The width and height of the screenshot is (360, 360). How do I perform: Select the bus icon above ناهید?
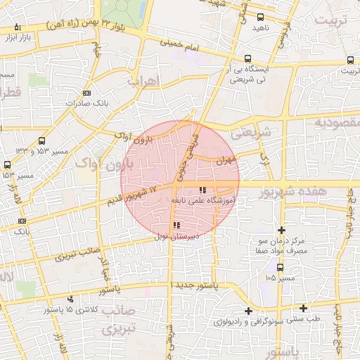pyautogui.click(x=261, y=18)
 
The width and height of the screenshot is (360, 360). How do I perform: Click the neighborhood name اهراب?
pyautogui.click(x=144, y=81)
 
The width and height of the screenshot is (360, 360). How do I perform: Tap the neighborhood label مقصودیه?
pyautogui.click(x=336, y=123)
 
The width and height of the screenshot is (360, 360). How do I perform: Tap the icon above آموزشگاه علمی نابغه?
pyautogui.click(x=203, y=190)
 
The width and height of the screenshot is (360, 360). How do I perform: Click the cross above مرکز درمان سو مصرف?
pyautogui.click(x=282, y=230)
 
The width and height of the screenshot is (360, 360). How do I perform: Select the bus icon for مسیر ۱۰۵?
pyautogui.click(x=281, y=267)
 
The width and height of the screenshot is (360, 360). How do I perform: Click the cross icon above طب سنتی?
pyautogui.click(x=303, y=307)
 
